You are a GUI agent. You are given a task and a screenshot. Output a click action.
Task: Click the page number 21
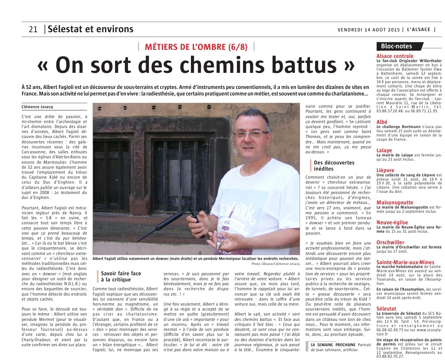pos(33,30)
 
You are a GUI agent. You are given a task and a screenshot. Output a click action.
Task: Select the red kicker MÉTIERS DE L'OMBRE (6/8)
pos(196,47)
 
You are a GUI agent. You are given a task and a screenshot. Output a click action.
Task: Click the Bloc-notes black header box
pos(396,46)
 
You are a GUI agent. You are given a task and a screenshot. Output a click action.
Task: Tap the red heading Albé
pos(382,122)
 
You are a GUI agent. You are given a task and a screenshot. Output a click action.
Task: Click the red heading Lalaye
pos(384,150)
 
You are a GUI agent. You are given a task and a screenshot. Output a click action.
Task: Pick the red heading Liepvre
pos(385,170)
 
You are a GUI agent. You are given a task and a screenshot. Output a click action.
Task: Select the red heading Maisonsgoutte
pos(395,202)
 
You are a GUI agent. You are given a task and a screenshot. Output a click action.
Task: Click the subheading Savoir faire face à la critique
pos(121,276)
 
